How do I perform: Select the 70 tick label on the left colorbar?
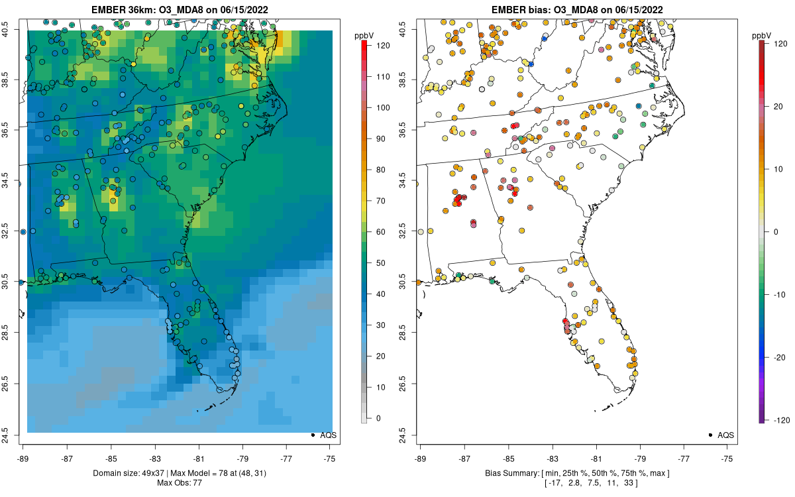[x=381, y=201]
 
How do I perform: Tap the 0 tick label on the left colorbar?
[x=378, y=418]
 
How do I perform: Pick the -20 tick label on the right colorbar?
[x=780, y=357]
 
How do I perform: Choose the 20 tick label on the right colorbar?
[x=778, y=107]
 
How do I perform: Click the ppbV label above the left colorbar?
[x=364, y=36]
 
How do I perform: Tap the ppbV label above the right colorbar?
[x=762, y=36]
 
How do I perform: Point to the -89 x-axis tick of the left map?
[x=23, y=459]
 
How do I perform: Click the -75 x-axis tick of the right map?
[x=727, y=459]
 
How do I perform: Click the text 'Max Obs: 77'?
[x=180, y=483]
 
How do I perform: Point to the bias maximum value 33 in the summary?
[x=629, y=483]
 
